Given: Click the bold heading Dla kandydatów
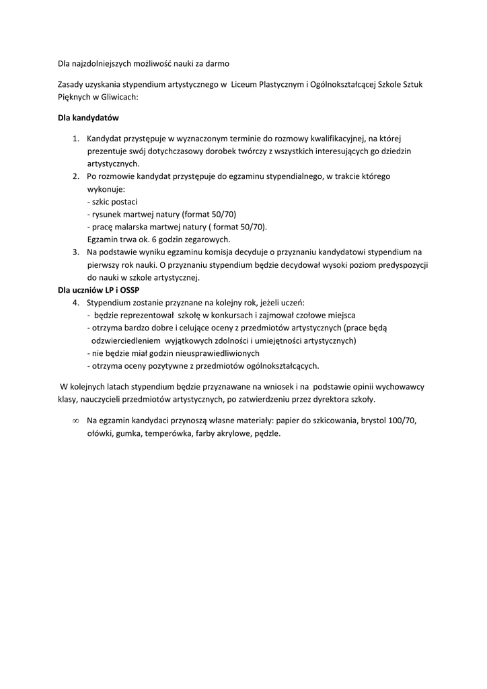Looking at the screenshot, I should (88, 118).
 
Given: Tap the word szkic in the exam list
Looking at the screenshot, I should (103, 202).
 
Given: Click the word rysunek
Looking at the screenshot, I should (108, 215).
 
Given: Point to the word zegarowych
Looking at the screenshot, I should (208, 240).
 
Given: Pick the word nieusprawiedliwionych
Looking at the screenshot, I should (216, 353).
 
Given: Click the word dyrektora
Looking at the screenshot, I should (322, 399).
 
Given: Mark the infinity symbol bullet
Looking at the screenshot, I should (75, 421).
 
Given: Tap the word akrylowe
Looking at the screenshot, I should (233, 434).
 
